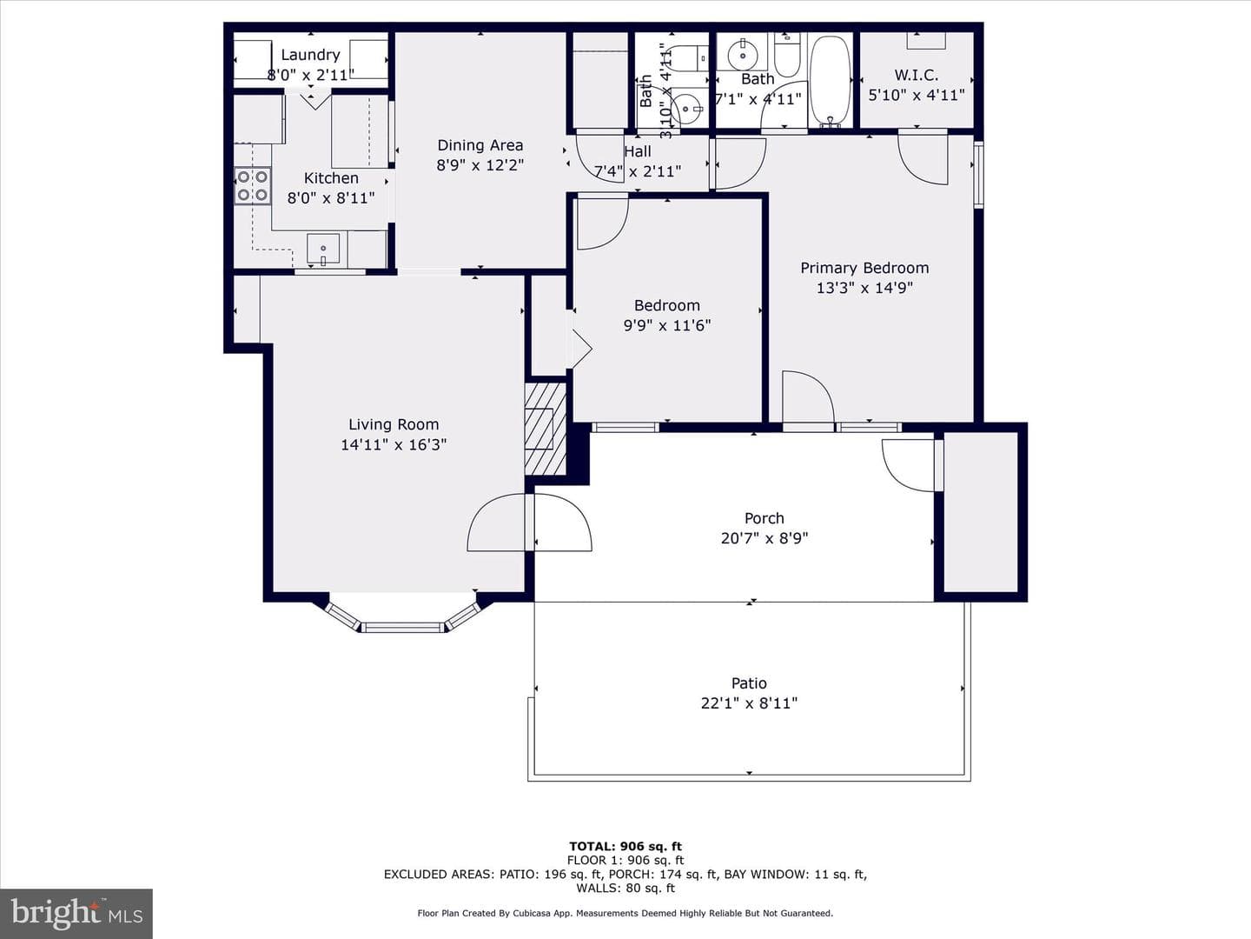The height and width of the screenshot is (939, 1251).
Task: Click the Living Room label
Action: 394,425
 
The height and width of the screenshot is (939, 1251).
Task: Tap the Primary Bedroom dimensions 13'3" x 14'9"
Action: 864,288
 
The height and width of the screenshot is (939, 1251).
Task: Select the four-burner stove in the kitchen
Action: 253,185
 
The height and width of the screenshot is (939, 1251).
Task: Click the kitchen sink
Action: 323,250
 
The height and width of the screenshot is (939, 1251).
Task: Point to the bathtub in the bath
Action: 830,80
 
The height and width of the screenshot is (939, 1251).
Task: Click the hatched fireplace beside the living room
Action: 546,429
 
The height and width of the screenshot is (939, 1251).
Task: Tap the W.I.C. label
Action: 917,75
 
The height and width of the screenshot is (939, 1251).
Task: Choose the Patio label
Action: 749,683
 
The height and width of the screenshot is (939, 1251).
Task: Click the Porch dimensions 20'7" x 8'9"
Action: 764,538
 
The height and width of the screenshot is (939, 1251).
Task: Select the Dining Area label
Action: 480,145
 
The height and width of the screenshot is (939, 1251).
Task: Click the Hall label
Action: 637,151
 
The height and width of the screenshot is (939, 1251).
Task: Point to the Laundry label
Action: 311,55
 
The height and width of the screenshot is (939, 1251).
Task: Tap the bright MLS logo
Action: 76,913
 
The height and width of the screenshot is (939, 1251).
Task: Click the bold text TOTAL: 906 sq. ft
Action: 625,847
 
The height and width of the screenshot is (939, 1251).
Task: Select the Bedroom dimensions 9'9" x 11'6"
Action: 667,325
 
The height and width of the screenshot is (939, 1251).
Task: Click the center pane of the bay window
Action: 403,628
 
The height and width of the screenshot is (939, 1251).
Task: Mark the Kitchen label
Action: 331,178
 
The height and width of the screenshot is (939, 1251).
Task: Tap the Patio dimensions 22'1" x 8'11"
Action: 749,703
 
